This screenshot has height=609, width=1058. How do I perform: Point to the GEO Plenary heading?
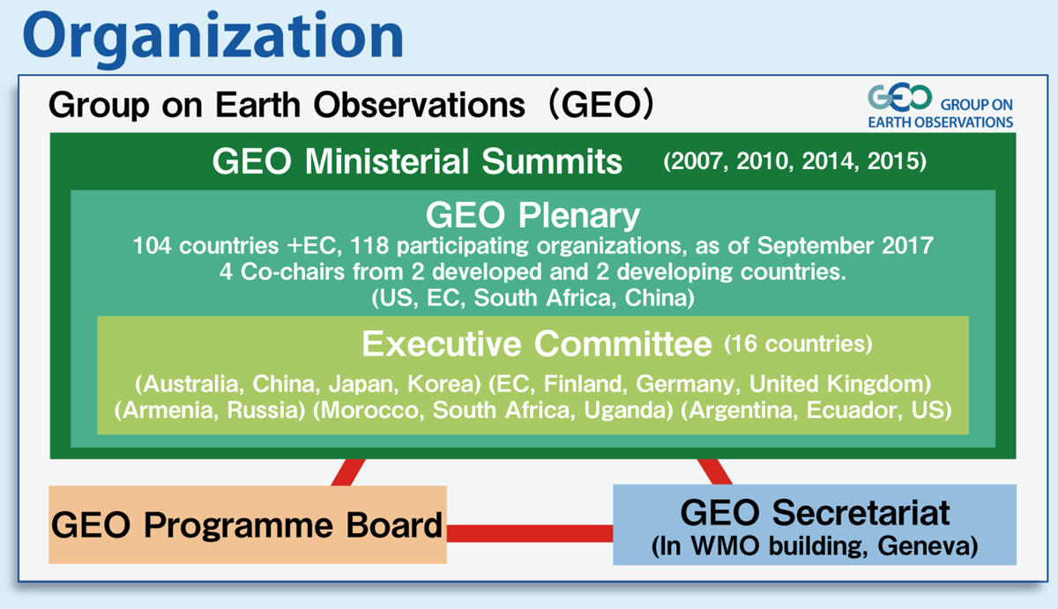click(533, 215)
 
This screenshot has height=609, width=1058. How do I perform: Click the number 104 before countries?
click(152, 246)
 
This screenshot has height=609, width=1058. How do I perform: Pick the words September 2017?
click(846, 246)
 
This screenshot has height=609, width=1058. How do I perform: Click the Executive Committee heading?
click(537, 344)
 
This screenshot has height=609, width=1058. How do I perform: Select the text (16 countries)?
click(798, 344)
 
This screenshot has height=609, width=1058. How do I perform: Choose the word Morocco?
click(373, 410)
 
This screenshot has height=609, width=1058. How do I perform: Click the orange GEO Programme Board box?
click(248, 524)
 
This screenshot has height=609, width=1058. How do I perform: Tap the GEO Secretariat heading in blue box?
click(815, 513)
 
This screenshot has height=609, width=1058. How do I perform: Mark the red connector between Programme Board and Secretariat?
click(530, 533)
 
